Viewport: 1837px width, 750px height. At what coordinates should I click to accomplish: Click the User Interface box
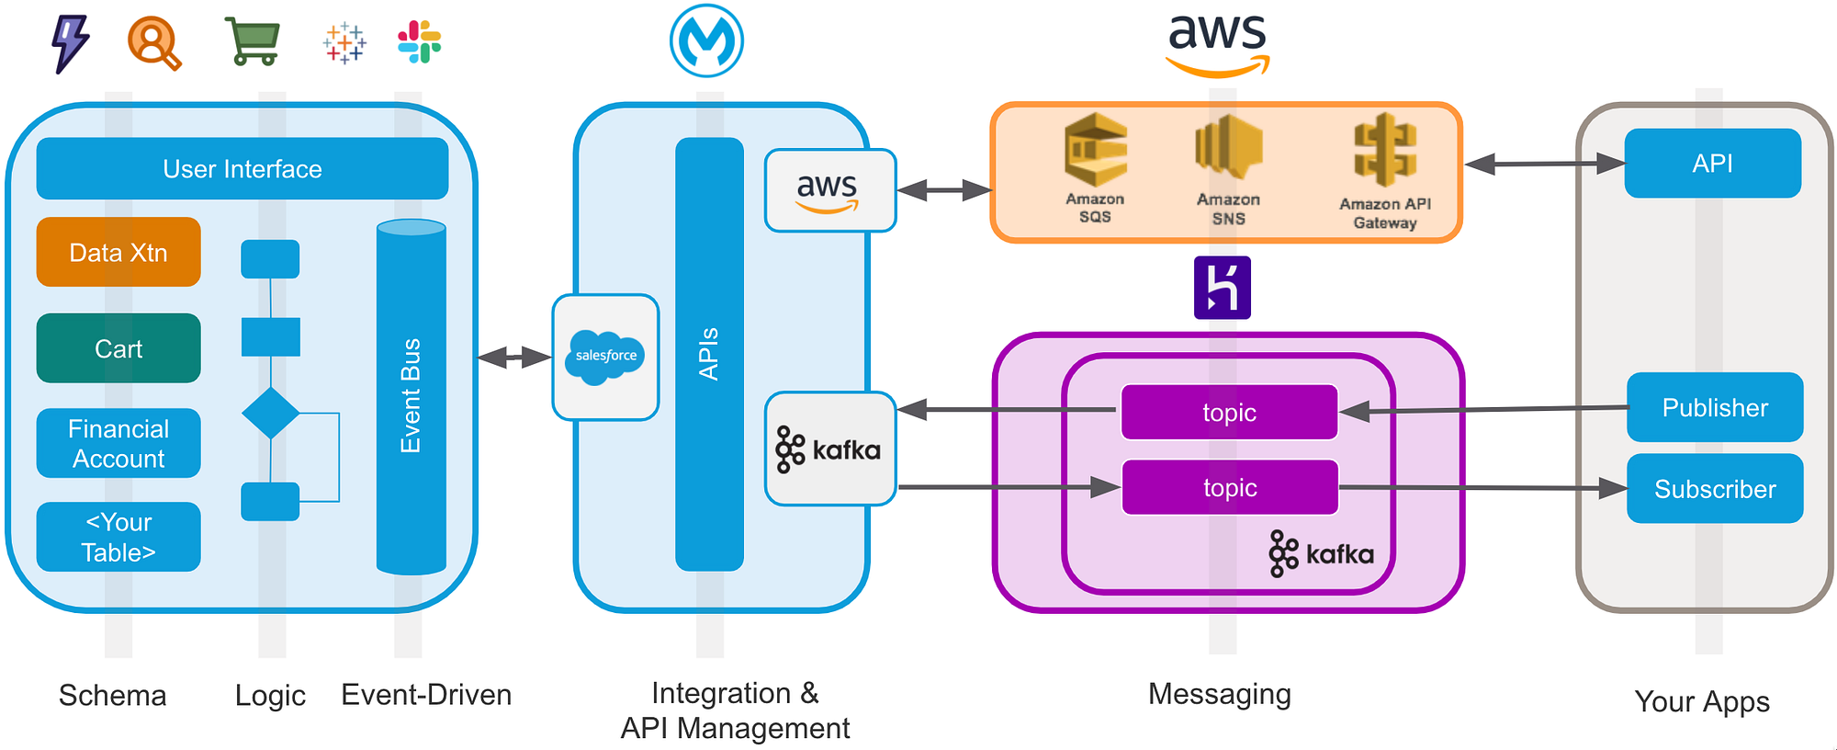click(x=242, y=169)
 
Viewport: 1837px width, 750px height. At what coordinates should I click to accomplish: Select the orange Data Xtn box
click(x=118, y=253)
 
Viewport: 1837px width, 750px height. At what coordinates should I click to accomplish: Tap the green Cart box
click(x=118, y=348)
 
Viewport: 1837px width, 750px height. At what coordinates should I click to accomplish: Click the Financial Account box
click(x=118, y=443)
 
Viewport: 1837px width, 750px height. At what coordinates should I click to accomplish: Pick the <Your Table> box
click(x=118, y=537)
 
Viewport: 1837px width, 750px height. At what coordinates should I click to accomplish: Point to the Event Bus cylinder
click(x=411, y=395)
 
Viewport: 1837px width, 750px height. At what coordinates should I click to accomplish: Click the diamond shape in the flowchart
click(x=270, y=413)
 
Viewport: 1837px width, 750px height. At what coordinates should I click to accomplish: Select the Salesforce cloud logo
click(x=605, y=357)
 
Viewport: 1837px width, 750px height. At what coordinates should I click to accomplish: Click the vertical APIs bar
click(x=709, y=354)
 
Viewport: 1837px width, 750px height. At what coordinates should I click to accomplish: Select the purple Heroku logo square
click(x=1222, y=288)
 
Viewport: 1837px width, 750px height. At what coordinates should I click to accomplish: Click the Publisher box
click(x=1714, y=407)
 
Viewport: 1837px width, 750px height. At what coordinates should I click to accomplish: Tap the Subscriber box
click(x=1714, y=488)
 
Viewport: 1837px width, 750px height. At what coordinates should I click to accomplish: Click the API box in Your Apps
click(x=1712, y=164)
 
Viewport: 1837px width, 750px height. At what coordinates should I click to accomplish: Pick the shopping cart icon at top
click(x=253, y=42)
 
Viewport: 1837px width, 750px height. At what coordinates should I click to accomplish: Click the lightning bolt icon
click(x=71, y=43)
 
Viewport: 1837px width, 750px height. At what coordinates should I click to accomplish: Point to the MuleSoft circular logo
click(x=706, y=41)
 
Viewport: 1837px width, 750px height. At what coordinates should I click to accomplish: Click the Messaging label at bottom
click(x=1219, y=694)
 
